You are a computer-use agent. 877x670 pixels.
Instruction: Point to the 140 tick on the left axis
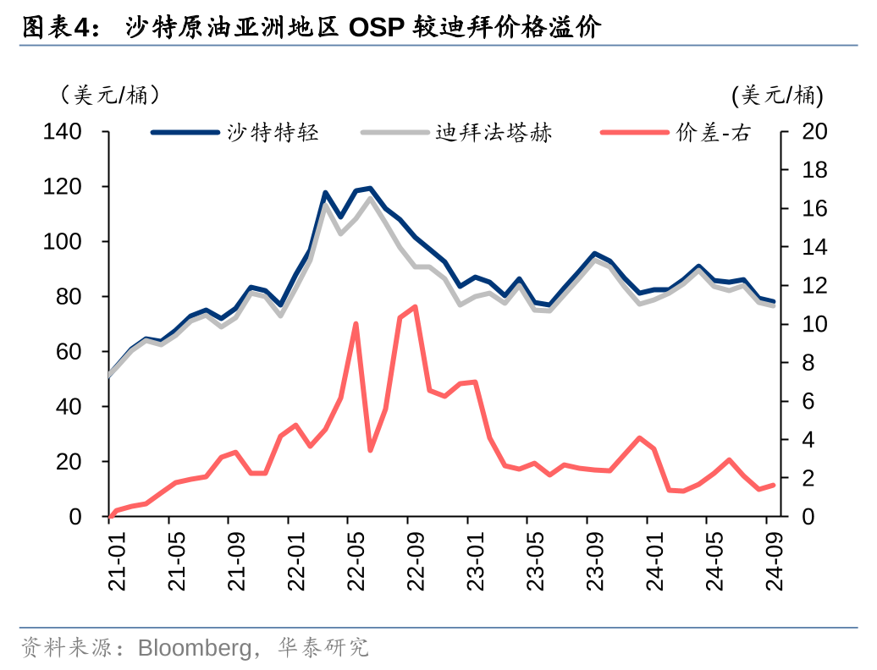(63, 132)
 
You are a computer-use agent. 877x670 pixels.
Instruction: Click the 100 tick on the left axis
(63, 242)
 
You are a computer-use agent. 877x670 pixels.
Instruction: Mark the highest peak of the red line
(414, 306)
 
